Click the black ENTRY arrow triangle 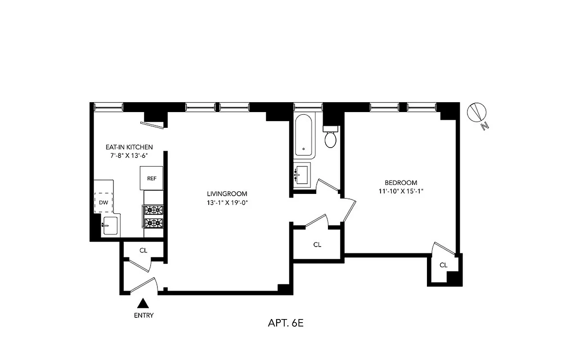tap(143, 303)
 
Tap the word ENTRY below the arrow tap(144, 315)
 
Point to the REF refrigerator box tap(152, 178)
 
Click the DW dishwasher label tap(103, 202)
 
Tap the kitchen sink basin tap(110, 225)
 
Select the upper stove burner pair tap(153, 210)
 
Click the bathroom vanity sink tap(302, 174)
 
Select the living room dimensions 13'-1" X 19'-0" tap(225, 202)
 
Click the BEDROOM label tap(401, 183)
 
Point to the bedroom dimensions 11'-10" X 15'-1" tap(401, 191)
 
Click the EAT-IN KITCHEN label tap(129, 147)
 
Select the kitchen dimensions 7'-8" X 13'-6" tap(129, 156)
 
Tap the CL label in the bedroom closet tap(444, 265)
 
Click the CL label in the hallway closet tap(317, 244)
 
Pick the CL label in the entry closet tap(143, 251)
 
